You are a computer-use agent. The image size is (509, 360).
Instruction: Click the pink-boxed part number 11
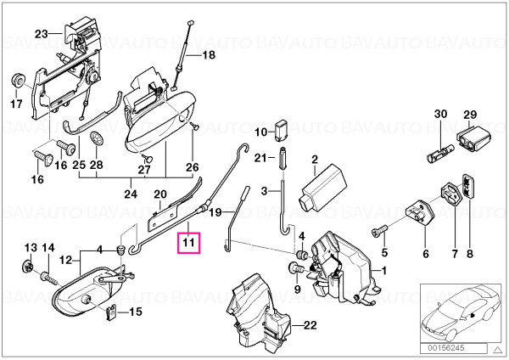[188, 242]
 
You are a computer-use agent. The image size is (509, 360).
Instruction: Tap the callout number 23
[42, 34]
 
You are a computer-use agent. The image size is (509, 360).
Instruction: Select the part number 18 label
[209, 55]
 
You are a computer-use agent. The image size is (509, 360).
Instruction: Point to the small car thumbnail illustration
[461, 312]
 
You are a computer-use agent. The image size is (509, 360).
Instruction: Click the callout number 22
[310, 325]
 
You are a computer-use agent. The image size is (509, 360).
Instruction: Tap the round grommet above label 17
[18, 80]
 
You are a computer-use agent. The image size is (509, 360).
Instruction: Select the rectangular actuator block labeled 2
[325, 188]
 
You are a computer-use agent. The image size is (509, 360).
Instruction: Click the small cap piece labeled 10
[282, 131]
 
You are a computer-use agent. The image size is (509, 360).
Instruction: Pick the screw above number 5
[379, 231]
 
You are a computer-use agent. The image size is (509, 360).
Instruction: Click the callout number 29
[470, 115]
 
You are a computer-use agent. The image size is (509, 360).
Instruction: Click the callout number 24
[131, 194]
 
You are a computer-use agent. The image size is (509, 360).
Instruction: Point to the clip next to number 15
[112, 313]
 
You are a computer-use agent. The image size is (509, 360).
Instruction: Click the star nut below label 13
[28, 266]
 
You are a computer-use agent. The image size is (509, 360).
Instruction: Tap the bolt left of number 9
[295, 269]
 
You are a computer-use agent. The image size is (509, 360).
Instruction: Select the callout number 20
[160, 194]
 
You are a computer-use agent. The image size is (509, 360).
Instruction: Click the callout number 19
[215, 213]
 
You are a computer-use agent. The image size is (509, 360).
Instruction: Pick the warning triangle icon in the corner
[497, 349]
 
